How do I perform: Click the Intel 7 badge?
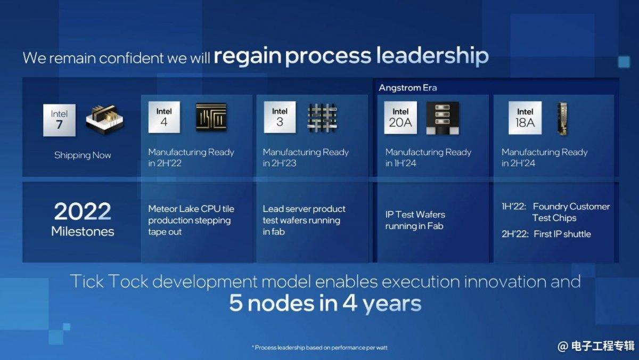(x=59, y=120)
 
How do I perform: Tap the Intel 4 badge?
(x=164, y=117)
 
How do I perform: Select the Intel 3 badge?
(x=280, y=117)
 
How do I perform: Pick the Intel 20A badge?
(x=400, y=118)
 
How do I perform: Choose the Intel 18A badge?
(x=525, y=118)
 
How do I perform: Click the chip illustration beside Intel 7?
(x=105, y=120)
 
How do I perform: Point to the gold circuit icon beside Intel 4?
(x=211, y=117)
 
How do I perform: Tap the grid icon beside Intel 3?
(x=322, y=118)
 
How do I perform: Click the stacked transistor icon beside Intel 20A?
(x=443, y=118)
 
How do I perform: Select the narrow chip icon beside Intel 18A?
(x=562, y=119)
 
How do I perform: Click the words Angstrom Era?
(x=408, y=87)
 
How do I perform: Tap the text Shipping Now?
(x=83, y=155)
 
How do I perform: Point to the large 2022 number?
(x=83, y=211)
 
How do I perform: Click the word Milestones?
(x=83, y=231)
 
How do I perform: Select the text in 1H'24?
(x=401, y=163)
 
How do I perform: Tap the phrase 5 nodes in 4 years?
(x=325, y=303)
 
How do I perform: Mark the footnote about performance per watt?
(x=319, y=347)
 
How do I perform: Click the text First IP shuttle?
(x=562, y=234)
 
